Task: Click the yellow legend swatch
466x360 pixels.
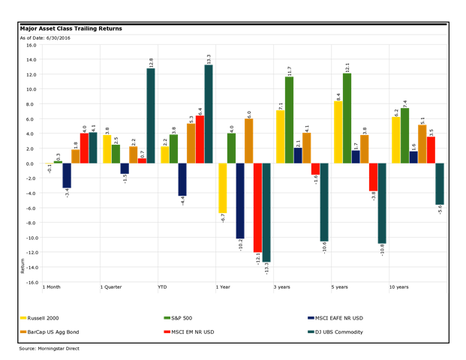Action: click(23, 317)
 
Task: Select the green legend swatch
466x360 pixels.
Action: click(167, 317)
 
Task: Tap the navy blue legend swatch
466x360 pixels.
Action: click(311, 317)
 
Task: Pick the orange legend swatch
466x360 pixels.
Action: click(23, 331)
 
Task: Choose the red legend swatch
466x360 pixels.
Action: click(167, 331)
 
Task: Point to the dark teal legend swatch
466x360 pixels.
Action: click(311, 331)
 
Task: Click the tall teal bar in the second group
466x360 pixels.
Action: click(151, 115)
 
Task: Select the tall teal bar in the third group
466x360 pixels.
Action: click(209, 113)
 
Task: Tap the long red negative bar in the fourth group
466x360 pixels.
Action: click(257, 208)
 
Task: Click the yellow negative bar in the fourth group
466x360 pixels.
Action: click(223, 188)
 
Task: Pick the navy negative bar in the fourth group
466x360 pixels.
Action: click(240, 201)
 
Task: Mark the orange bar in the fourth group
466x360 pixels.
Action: click(248, 141)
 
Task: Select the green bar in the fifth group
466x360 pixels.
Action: click(289, 119)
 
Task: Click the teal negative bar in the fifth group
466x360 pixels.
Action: click(324, 202)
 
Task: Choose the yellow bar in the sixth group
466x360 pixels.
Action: click(338, 132)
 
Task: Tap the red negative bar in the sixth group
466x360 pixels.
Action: click(373, 177)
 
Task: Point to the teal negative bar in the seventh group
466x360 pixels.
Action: click(440, 184)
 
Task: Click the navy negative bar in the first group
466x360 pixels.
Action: click(67, 175)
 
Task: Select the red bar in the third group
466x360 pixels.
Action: click(200, 139)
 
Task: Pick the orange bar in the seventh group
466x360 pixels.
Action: click(422, 144)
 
